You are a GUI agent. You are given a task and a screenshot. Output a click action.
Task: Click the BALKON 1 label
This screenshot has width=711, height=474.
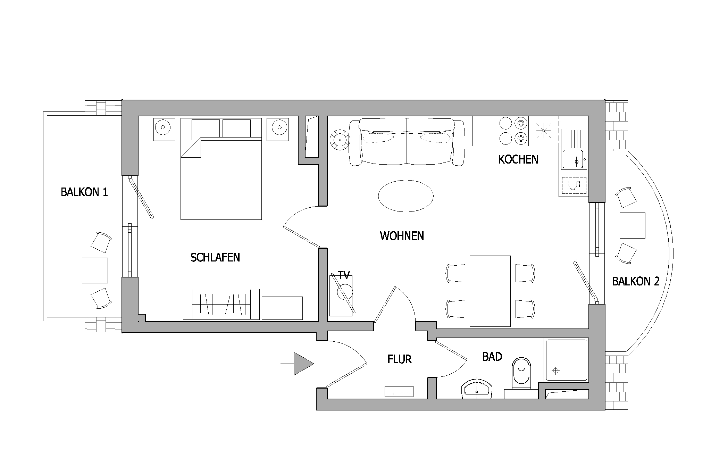click(84, 192)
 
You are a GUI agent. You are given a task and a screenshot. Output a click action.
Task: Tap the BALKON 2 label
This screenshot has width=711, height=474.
click(635, 281)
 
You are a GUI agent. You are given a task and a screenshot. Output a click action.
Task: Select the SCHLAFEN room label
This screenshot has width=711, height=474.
click(215, 257)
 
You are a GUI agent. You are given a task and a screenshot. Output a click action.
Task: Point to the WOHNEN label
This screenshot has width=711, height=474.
click(402, 236)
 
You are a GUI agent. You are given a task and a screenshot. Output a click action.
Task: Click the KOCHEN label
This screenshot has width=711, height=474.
click(518, 160)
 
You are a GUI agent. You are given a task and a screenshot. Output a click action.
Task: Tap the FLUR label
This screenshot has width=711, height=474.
click(400, 359)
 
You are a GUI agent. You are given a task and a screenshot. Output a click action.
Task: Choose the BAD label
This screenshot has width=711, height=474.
click(492, 357)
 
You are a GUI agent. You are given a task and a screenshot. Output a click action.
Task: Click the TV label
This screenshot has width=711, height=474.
click(344, 275)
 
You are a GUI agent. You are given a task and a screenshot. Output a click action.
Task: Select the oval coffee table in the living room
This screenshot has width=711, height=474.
click(405, 196)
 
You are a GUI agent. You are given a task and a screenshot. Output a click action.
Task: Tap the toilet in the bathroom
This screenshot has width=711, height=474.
click(521, 374)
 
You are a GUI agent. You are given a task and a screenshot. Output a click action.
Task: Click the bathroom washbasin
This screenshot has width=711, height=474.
click(477, 389)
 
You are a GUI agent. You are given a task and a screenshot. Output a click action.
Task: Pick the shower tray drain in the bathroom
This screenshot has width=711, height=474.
click(556, 371)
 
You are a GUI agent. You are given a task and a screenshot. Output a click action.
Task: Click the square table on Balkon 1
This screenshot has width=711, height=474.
click(95, 271)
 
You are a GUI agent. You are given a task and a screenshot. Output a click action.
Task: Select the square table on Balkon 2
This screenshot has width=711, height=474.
click(632, 225)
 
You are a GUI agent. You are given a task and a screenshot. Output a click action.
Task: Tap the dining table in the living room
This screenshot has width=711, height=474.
click(490, 291)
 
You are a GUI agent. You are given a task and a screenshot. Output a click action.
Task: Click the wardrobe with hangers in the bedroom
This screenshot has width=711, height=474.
click(221, 304)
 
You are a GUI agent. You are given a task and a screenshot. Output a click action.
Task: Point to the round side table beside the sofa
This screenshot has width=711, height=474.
click(340, 140)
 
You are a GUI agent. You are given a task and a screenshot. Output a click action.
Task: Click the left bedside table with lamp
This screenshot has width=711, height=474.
click(165, 129)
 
